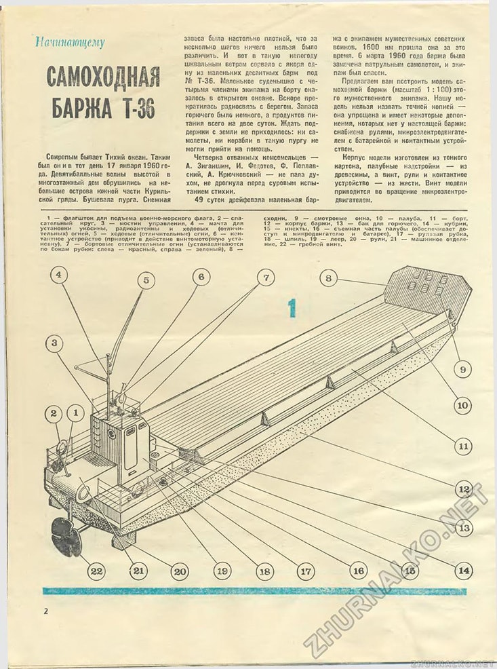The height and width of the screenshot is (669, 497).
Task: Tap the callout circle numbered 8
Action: pyautogui.click(x=328, y=278)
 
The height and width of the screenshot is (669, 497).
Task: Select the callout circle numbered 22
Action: pyautogui.click(x=97, y=571)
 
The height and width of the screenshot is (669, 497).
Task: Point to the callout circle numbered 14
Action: pyautogui.click(x=464, y=571)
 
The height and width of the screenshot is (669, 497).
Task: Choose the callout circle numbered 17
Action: pyautogui.click(x=305, y=571)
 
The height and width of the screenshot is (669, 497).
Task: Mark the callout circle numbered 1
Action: pyautogui.click(x=76, y=412)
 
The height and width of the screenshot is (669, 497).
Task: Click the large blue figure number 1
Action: pyautogui.click(x=292, y=309)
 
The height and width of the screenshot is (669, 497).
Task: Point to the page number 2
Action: pyautogui.click(x=45, y=611)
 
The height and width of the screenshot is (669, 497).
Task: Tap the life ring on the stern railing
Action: pyautogui.click(x=59, y=447)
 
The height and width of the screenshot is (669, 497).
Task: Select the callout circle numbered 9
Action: pyautogui.click(x=462, y=370)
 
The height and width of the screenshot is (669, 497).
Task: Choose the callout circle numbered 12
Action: pyautogui.click(x=464, y=489)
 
